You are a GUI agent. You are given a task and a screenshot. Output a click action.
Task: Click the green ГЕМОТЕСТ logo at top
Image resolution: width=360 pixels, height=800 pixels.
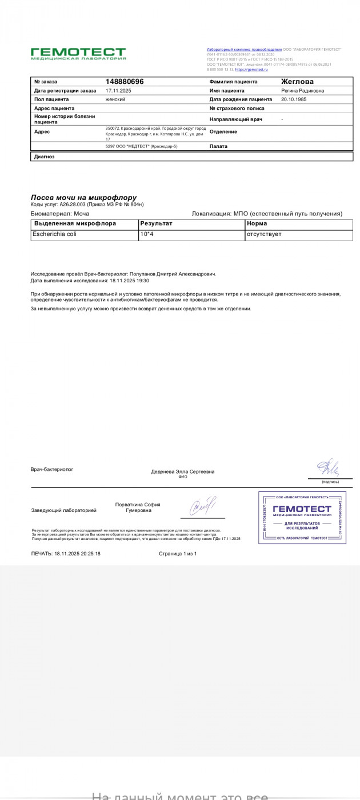[78, 54]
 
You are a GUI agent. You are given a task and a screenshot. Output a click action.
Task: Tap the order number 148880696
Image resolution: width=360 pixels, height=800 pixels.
[125, 82]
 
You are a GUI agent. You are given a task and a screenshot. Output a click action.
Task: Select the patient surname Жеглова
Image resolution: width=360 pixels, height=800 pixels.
[297, 82]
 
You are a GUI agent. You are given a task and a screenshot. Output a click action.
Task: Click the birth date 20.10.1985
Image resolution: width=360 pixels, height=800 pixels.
[294, 99]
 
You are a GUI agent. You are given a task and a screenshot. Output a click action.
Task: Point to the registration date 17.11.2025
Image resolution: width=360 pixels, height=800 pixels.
[118, 90]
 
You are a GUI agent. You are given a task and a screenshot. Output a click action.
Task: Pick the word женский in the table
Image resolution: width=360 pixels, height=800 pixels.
[115, 99]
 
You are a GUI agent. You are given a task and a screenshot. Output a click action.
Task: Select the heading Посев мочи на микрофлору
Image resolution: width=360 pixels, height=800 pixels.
[83, 197]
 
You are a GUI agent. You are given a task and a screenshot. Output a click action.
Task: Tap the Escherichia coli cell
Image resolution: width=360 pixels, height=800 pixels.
[55, 234]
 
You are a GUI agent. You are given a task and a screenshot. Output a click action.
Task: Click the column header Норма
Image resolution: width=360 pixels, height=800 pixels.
[257, 223]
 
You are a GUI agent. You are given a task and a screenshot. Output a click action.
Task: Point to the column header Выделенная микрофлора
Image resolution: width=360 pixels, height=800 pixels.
[75, 223]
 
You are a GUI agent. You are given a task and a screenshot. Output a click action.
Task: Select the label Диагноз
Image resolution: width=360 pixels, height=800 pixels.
[44, 156]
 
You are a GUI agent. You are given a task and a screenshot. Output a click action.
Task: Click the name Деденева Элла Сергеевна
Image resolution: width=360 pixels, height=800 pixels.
[183, 471]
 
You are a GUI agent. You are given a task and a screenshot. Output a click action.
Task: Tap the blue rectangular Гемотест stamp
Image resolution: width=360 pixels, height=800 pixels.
[302, 517]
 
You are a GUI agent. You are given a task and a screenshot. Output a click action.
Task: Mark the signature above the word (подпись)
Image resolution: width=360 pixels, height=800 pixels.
[329, 468]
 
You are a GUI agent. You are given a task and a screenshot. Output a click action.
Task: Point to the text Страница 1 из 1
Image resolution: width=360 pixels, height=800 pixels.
[178, 554]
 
